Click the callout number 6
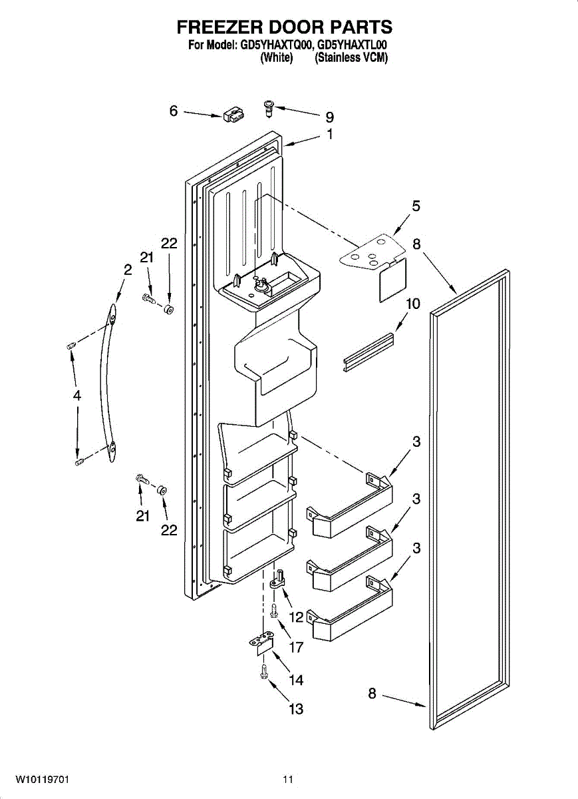[x=174, y=111]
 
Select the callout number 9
[x=329, y=117]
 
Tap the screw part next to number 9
[x=269, y=107]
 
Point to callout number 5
[x=416, y=206]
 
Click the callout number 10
[x=413, y=304]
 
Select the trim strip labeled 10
[x=368, y=352]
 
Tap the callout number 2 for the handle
[x=128, y=270]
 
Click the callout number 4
[x=77, y=396]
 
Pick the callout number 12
[x=297, y=617]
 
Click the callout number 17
[x=296, y=647]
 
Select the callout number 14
[x=296, y=680]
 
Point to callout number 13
[x=296, y=709]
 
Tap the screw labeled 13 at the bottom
[x=265, y=672]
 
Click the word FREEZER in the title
[x=219, y=27]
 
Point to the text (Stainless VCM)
[x=351, y=57]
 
